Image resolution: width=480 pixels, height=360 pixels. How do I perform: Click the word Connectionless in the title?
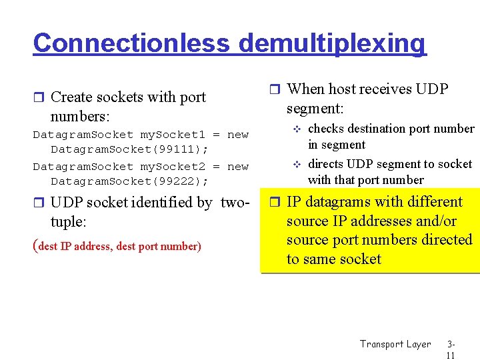pos(132,43)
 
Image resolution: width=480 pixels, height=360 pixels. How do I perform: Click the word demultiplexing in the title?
pos(331,43)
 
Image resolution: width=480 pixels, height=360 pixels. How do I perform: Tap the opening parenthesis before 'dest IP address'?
pos(35,246)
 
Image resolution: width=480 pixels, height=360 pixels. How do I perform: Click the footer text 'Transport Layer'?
pos(395,344)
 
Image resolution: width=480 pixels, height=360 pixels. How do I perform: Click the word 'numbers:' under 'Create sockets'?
pos(79,117)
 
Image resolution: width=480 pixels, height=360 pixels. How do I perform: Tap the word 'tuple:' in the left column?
pos(69,221)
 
